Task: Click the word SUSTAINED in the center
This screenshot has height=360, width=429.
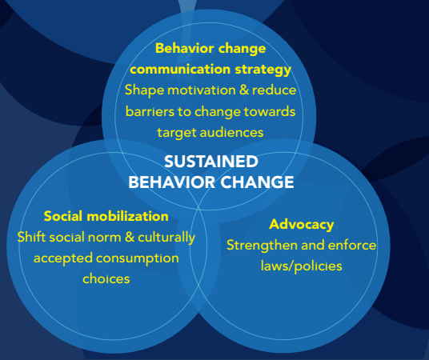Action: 211,162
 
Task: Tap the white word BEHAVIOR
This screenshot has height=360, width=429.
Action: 172,182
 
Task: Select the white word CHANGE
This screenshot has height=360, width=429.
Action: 257,182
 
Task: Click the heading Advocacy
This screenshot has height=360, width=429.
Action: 301,225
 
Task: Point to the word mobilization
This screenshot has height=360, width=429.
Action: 127,216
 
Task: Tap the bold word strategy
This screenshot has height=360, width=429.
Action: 263,70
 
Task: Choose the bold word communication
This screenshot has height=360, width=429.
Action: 180,70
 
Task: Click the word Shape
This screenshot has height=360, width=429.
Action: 144,90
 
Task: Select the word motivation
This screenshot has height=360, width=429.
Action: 202,90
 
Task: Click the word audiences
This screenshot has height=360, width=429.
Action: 231,133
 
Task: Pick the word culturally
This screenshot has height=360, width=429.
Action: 166,238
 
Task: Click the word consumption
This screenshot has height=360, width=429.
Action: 138,258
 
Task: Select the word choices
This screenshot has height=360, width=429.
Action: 106,278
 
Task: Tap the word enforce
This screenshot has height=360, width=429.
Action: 352,245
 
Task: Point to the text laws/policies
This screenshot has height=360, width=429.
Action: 301,266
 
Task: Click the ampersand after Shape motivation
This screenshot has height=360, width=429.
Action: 244,90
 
